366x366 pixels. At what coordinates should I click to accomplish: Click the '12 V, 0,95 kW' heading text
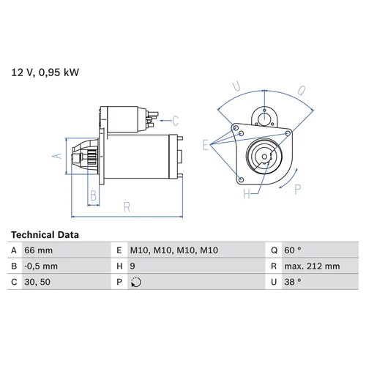click(45, 72)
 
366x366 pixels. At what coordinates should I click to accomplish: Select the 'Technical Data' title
click(45, 235)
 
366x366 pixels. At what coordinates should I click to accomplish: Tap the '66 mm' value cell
click(38, 250)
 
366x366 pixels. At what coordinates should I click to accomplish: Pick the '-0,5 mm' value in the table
click(41, 266)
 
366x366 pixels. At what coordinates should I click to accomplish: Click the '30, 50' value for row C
click(37, 282)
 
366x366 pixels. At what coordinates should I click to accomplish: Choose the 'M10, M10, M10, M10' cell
click(174, 250)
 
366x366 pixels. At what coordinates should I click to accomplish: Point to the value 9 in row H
click(132, 266)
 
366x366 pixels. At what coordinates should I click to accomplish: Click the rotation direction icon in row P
click(136, 282)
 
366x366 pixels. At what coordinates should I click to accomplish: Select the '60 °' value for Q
click(293, 250)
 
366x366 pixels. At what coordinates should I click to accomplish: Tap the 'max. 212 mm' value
click(312, 266)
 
